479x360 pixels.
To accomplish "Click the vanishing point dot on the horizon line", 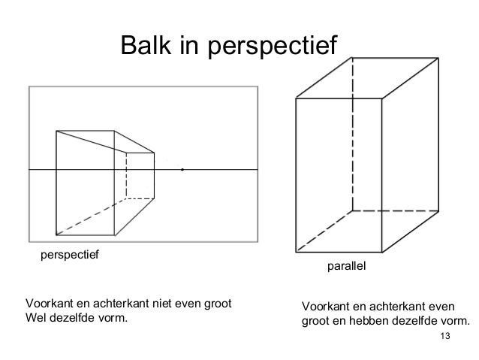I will pos(182,171).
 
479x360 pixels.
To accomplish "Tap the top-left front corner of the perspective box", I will pos(57,131).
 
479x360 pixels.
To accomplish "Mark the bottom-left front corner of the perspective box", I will pos(57,234).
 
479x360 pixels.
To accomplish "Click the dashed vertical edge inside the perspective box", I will pos(126,176).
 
